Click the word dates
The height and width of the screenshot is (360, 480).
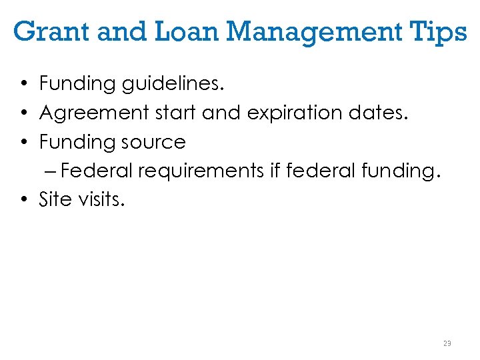coord(381,113)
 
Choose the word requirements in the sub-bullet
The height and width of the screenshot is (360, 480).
coord(201,171)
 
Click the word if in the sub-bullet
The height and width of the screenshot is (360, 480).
coord(275,171)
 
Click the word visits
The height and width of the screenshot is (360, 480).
coord(99,199)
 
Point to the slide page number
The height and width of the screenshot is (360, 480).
coord(447,343)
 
